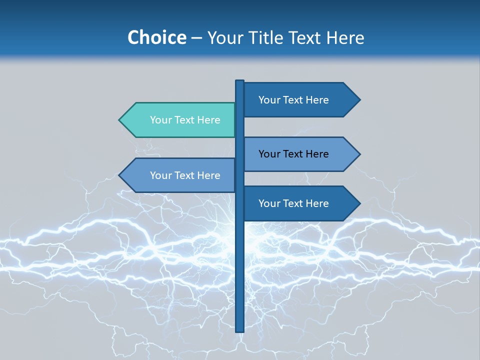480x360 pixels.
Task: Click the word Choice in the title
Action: point(156,37)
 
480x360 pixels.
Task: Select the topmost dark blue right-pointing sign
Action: point(295,100)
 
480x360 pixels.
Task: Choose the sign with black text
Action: point(295,154)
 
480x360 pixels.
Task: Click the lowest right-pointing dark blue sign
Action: point(295,203)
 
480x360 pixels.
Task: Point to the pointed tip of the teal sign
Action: point(120,120)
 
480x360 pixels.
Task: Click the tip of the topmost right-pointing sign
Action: point(359,100)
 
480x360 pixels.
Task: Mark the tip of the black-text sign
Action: point(359,154)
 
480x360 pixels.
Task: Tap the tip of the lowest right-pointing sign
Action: point(359,203)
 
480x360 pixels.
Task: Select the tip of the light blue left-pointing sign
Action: point(120,175)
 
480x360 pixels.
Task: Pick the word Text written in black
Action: point(293,154)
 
